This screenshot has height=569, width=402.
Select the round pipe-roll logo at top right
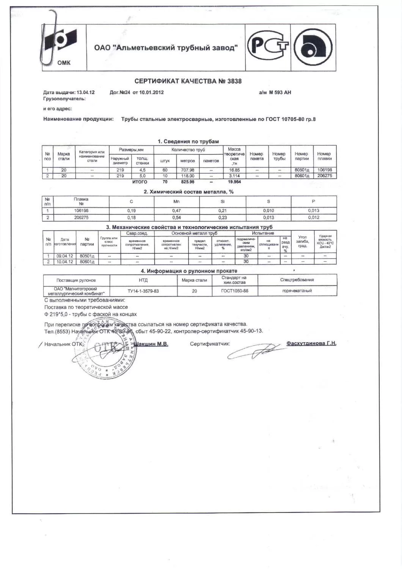(x=313, y=47)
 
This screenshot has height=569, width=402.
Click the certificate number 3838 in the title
(x=234, y=81)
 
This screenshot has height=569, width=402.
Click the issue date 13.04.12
(x=85, y=92)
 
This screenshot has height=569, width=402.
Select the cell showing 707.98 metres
(x=188, y=170)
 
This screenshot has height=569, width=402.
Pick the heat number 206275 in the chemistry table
(x=81, y=218)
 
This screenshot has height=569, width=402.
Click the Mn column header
(x=176, y=202)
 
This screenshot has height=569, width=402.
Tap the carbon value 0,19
(x=131, y=211)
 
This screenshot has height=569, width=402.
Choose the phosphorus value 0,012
(x=314, y=218)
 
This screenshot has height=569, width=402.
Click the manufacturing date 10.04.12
(x=64, y=262)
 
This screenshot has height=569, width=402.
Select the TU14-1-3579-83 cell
(x=143, y=291)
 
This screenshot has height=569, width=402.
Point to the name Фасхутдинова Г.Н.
(x=311, y=343)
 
